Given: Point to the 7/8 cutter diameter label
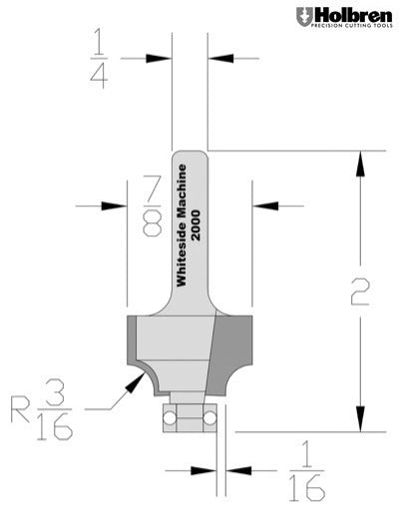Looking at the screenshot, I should [153, 204].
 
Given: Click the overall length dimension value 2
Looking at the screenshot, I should [360, 291].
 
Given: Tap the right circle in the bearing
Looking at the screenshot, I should [210, 410].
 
